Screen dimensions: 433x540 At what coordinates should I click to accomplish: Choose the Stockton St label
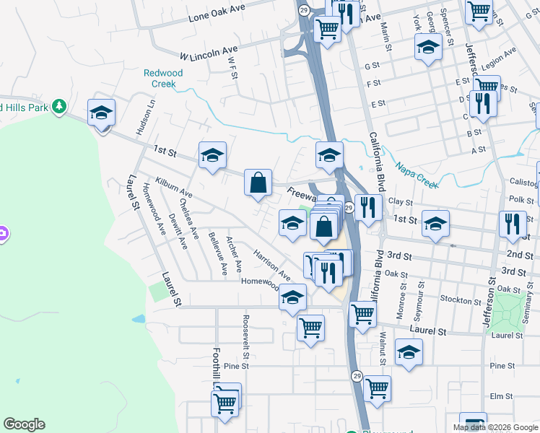click(x=460, y=300)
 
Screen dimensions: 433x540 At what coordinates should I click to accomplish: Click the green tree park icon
click(x=58, y=107)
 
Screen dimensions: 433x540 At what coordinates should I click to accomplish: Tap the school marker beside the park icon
click(x=102, y=113)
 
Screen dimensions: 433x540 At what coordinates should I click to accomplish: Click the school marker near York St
click(x=428, y=48)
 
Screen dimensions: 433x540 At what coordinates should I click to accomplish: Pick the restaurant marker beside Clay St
click(x=368, y=208)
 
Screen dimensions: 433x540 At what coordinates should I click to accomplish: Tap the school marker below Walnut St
click(x=409, y=353)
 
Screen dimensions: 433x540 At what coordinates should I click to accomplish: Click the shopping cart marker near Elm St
click(x=377, y=389)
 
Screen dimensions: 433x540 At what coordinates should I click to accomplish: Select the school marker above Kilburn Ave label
click(x=212, y=155)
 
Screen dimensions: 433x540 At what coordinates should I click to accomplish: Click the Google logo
click(x=24, y=424)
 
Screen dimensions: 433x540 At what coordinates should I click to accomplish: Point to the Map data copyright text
click(x=496, y=427)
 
